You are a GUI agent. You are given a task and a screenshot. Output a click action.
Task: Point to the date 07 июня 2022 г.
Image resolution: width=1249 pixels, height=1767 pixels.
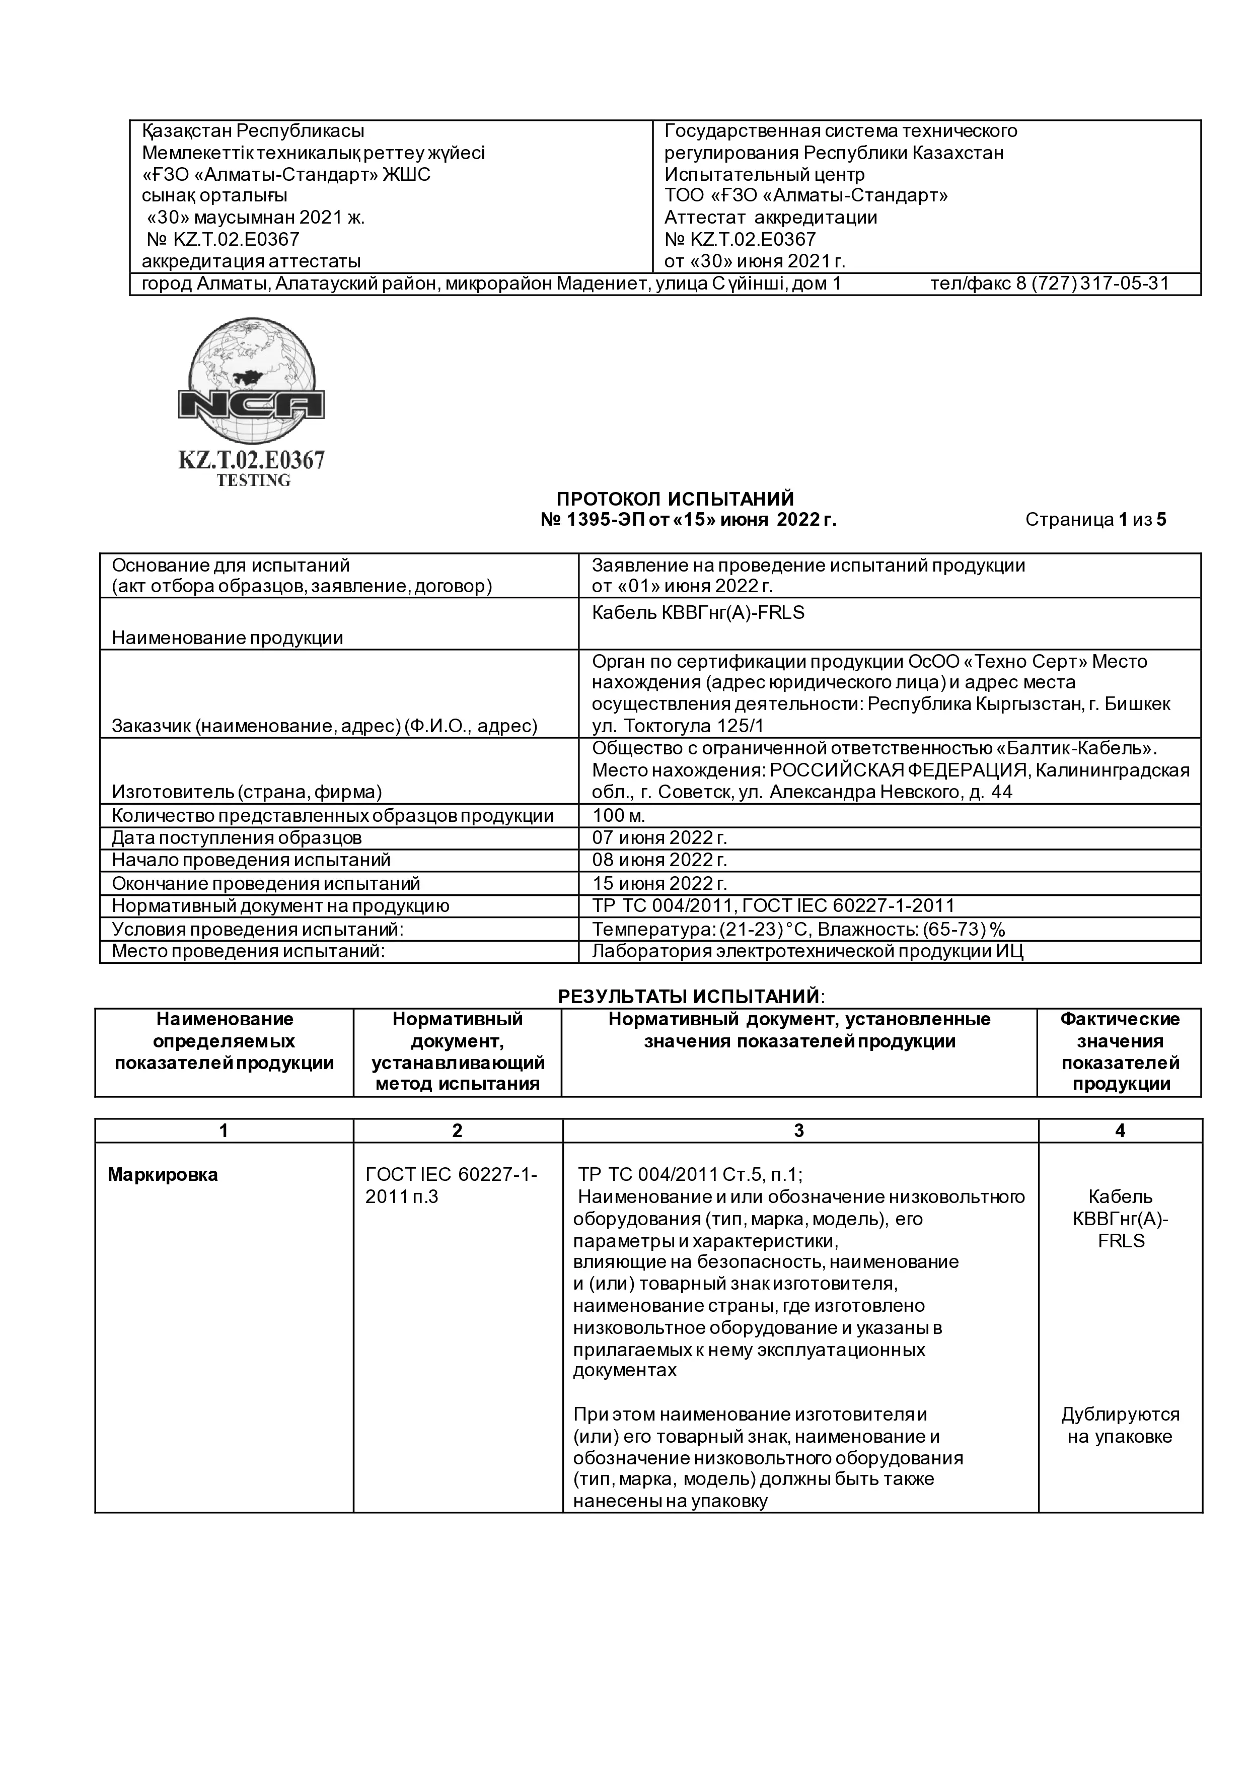click(x=659, y=837)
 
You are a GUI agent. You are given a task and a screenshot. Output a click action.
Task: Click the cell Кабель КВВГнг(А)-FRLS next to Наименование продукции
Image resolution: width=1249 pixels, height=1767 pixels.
click(x=697, y=613)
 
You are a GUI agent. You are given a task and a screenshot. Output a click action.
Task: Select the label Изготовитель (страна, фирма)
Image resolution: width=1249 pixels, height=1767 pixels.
click(x=247, y=792)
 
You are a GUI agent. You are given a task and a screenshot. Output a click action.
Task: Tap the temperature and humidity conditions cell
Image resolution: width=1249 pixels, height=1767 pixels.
click(x=798, y=929)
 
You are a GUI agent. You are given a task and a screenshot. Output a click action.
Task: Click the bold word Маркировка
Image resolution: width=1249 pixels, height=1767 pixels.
click(x=163, y=1175)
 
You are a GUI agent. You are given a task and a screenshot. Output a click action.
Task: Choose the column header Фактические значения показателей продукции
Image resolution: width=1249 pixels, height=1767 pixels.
click(x=1119, y=1051)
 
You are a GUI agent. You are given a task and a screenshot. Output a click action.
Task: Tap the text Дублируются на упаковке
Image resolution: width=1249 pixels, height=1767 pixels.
click(x=1119, y=1425)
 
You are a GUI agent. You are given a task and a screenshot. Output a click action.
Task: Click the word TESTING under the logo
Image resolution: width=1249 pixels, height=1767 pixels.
click(x=253, y=480)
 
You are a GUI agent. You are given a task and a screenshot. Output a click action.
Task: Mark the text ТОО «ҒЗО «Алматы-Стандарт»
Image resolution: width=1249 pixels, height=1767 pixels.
click(x=805, y=195)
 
